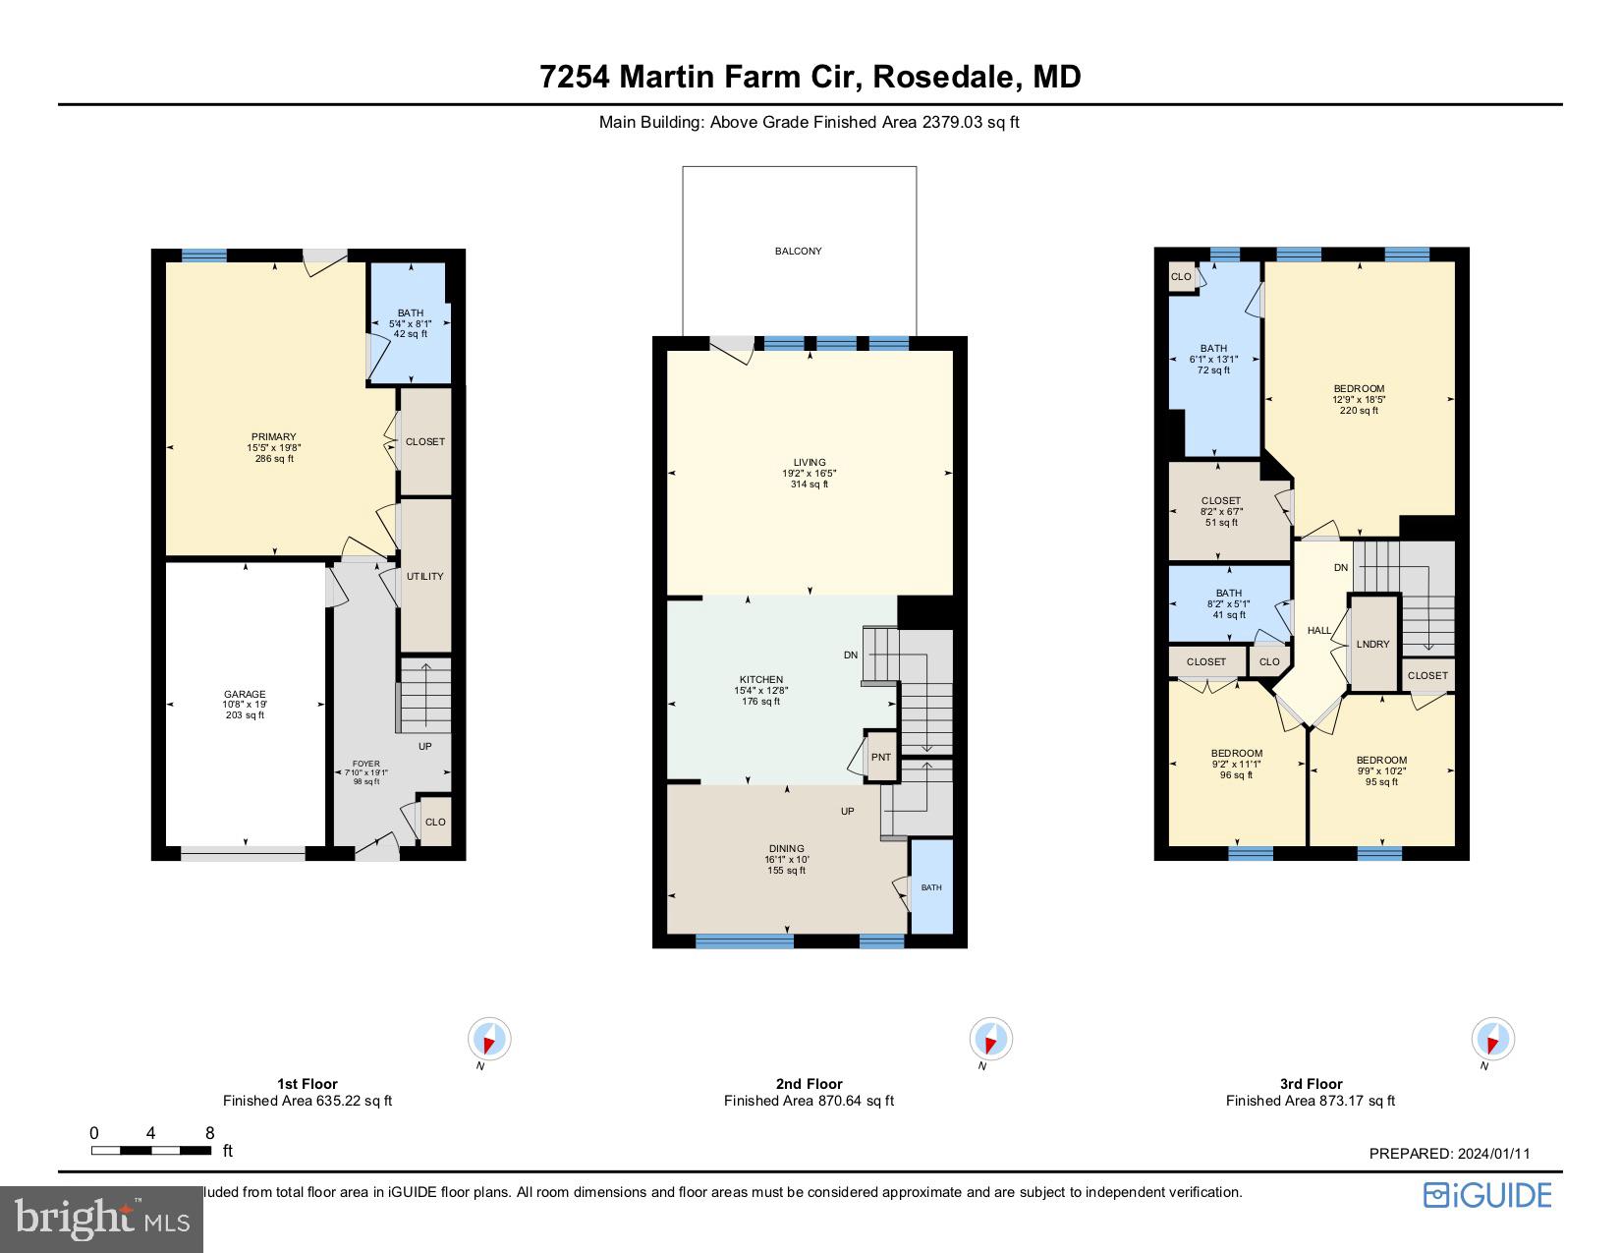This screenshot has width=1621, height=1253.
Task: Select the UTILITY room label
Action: coord(425,577)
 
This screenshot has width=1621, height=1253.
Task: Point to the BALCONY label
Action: coord(798,252)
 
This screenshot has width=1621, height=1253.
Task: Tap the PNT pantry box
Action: coord(881,757)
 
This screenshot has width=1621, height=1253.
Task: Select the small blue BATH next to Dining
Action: coord(931,887)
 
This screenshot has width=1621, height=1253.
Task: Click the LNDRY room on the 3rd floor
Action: coord(1372,644)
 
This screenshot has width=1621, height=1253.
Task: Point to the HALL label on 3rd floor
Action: coord(1319,631)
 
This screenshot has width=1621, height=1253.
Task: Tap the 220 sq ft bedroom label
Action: coord(1359,399)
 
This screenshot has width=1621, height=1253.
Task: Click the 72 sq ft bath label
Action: coord(1213,359)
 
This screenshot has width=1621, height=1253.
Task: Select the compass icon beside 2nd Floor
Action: coord(990,1039)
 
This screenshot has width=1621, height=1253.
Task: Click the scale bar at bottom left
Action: coord(151,1150)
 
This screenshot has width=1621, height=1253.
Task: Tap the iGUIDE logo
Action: coord(1487,1195)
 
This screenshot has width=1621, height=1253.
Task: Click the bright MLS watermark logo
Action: coord(101,1220)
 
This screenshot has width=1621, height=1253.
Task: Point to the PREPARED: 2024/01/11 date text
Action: coord(1449,1155)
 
